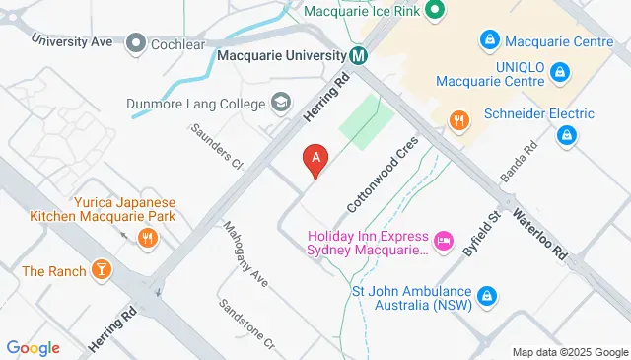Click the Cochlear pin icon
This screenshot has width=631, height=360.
(136, 43)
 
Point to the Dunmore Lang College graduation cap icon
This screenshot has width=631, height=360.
(281, 102)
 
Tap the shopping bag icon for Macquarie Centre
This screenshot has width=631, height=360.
(487, 40)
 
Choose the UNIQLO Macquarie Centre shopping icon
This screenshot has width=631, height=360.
(560, 71)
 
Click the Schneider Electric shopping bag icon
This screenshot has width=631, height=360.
(566, 136)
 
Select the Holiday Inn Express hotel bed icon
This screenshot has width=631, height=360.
(444, 238)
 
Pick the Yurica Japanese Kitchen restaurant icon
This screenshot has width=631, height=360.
(147, 238)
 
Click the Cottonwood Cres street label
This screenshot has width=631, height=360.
(383, 174)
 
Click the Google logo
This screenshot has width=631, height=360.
(33, 347)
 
